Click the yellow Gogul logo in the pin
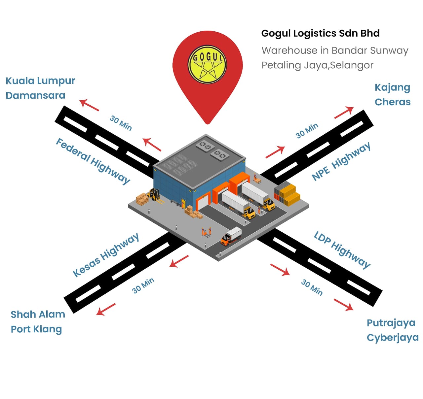coord(207,64)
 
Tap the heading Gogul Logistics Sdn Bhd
coord(320,33)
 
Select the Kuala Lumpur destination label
coord(40,81)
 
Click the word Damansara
coord(35,95)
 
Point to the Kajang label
coord(392,87)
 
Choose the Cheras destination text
coord(393,102)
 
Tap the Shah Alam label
coord(38,314)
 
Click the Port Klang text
coord(36,329)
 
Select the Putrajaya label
coord(391,323)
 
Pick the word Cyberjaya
coord(393,338)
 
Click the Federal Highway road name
coord(93,161)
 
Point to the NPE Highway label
coord(341,162)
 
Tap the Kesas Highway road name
coord(106,255)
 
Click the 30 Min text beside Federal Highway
coord(121,123)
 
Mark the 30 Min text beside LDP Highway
coord(312,287)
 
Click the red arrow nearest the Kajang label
coord(344,112)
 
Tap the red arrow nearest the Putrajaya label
coord(343,305)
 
